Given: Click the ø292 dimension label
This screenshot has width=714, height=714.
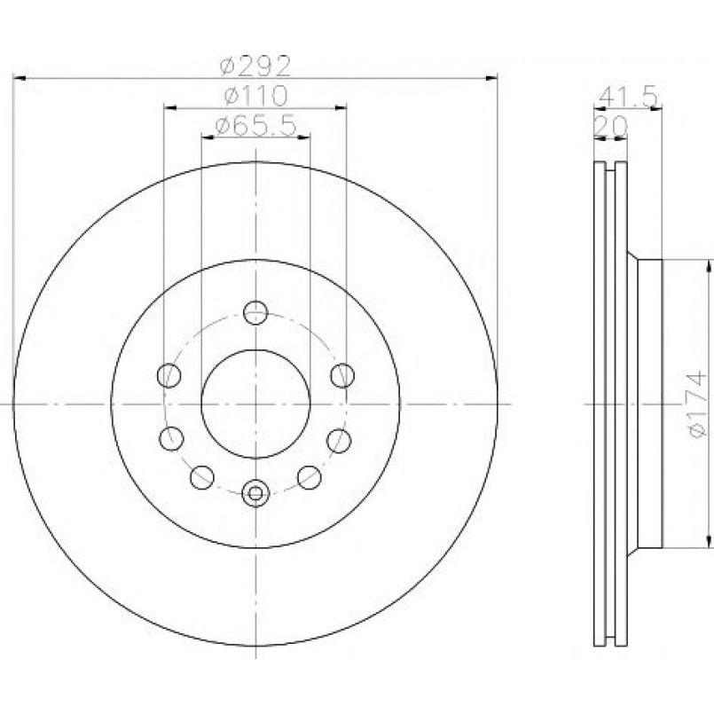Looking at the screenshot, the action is point(255,66).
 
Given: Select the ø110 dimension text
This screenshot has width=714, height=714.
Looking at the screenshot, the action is point(256,96).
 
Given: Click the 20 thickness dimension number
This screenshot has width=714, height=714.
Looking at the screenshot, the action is point(611,127).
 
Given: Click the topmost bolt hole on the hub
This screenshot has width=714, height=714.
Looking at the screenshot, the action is point(255,312).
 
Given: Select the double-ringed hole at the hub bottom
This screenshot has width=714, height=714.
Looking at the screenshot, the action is point(255,493).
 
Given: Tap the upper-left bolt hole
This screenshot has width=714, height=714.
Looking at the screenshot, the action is point(169,376).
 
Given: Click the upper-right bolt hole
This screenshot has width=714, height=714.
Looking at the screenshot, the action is point(342,376).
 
